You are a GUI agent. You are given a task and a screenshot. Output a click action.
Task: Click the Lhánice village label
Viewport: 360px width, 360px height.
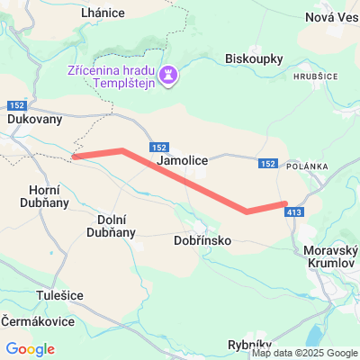click(x=102, y=13)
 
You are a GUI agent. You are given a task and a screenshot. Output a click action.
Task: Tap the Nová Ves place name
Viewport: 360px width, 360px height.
click(x=332, y=17)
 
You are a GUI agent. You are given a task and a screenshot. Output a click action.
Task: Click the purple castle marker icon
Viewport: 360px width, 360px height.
click(x=167, y=73)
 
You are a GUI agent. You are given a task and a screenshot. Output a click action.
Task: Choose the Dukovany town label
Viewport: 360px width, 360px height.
click(x=33, y=118)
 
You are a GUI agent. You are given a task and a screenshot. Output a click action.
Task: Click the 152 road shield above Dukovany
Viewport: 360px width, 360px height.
click(x=21, y=104)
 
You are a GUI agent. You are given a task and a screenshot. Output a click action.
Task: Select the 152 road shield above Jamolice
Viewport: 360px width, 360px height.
click(x=158, y=147)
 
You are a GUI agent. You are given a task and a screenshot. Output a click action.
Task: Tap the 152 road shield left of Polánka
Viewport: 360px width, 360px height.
click(x=267, y=163)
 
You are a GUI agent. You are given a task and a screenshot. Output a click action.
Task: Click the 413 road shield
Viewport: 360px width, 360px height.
click(x=294, y=212)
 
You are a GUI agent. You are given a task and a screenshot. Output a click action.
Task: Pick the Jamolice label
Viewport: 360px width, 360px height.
click(x=183, y=160)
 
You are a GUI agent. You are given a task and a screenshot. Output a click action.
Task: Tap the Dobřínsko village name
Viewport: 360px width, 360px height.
click(x=203, y=241)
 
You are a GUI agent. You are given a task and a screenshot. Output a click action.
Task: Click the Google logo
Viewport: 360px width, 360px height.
click(x=31, y=349)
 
